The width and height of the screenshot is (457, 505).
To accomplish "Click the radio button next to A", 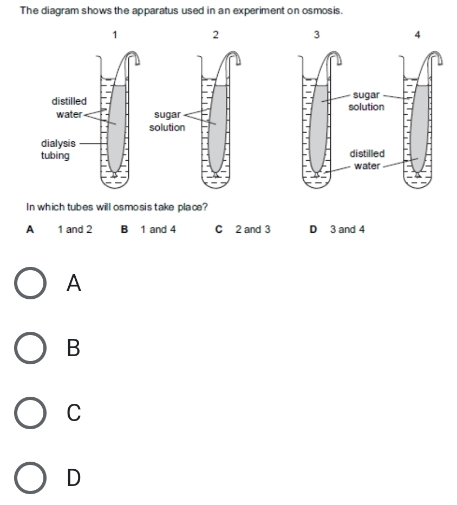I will pyautogui.click(x=30, y=283).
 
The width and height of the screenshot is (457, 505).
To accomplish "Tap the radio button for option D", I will pyautogui.click(x=30, y=477).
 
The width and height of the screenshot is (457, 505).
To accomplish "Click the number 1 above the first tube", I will pyautogui.click(x=115, y=35).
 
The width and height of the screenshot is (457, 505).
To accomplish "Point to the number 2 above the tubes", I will pyautogui.click(x=216, y=35).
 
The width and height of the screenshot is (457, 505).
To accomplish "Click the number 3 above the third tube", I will pyautogui.click(x=317, y=35).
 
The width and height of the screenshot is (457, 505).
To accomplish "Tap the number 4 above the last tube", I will pyautogui.click(x=417, y=35).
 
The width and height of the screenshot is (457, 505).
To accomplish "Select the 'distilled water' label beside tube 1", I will pyautogui.click(x=68, y=108).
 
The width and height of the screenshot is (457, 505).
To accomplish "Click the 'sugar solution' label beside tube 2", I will pyautogui.click(x=167, y=121).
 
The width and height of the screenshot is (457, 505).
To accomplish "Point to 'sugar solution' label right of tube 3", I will pyautogui.click(x=366, y=101).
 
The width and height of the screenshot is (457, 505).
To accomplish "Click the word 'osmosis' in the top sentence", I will pyautogui.click(x=324, y=10).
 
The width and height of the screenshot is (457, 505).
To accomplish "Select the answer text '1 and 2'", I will pyautogui.click(x=75, y=229).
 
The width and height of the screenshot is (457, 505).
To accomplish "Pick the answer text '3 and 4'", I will pyautogui.click(x=347, y=229).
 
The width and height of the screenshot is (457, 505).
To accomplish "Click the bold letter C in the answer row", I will pyautogui.click(x=219, y=229).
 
